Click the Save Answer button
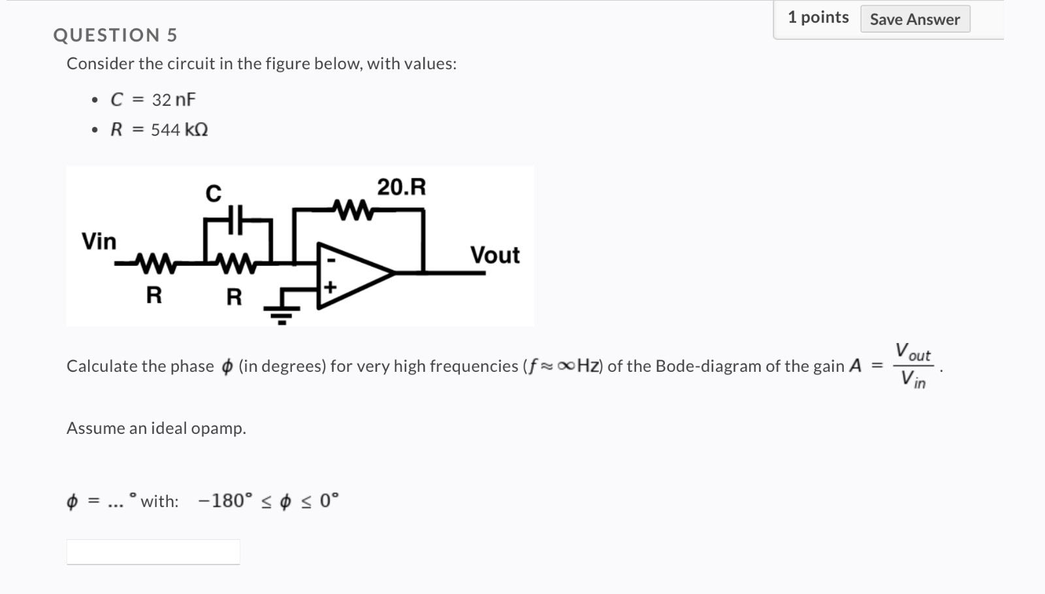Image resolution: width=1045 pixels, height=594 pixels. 914,20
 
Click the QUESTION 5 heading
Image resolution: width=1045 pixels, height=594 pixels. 116,35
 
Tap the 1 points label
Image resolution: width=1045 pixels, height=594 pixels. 818,18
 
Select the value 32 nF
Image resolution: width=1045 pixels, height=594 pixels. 174,100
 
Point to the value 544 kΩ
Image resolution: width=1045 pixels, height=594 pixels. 180,130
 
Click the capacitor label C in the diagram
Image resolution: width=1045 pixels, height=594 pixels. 213,193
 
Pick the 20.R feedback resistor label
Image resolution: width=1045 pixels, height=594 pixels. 401,188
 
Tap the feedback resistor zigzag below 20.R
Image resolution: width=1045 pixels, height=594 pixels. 353,210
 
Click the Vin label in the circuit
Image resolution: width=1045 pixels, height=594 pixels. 99,242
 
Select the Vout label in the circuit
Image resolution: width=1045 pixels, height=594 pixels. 494,255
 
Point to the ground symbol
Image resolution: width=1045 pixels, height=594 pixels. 281,312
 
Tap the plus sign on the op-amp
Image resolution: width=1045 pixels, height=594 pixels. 330,288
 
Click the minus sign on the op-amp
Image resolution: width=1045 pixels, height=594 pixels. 330,260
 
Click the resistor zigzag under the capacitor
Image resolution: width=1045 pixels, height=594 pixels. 234,264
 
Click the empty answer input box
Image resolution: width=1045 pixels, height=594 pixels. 153,552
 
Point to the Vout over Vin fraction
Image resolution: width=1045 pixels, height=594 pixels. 912,366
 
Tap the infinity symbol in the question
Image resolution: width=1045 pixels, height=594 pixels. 567,367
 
